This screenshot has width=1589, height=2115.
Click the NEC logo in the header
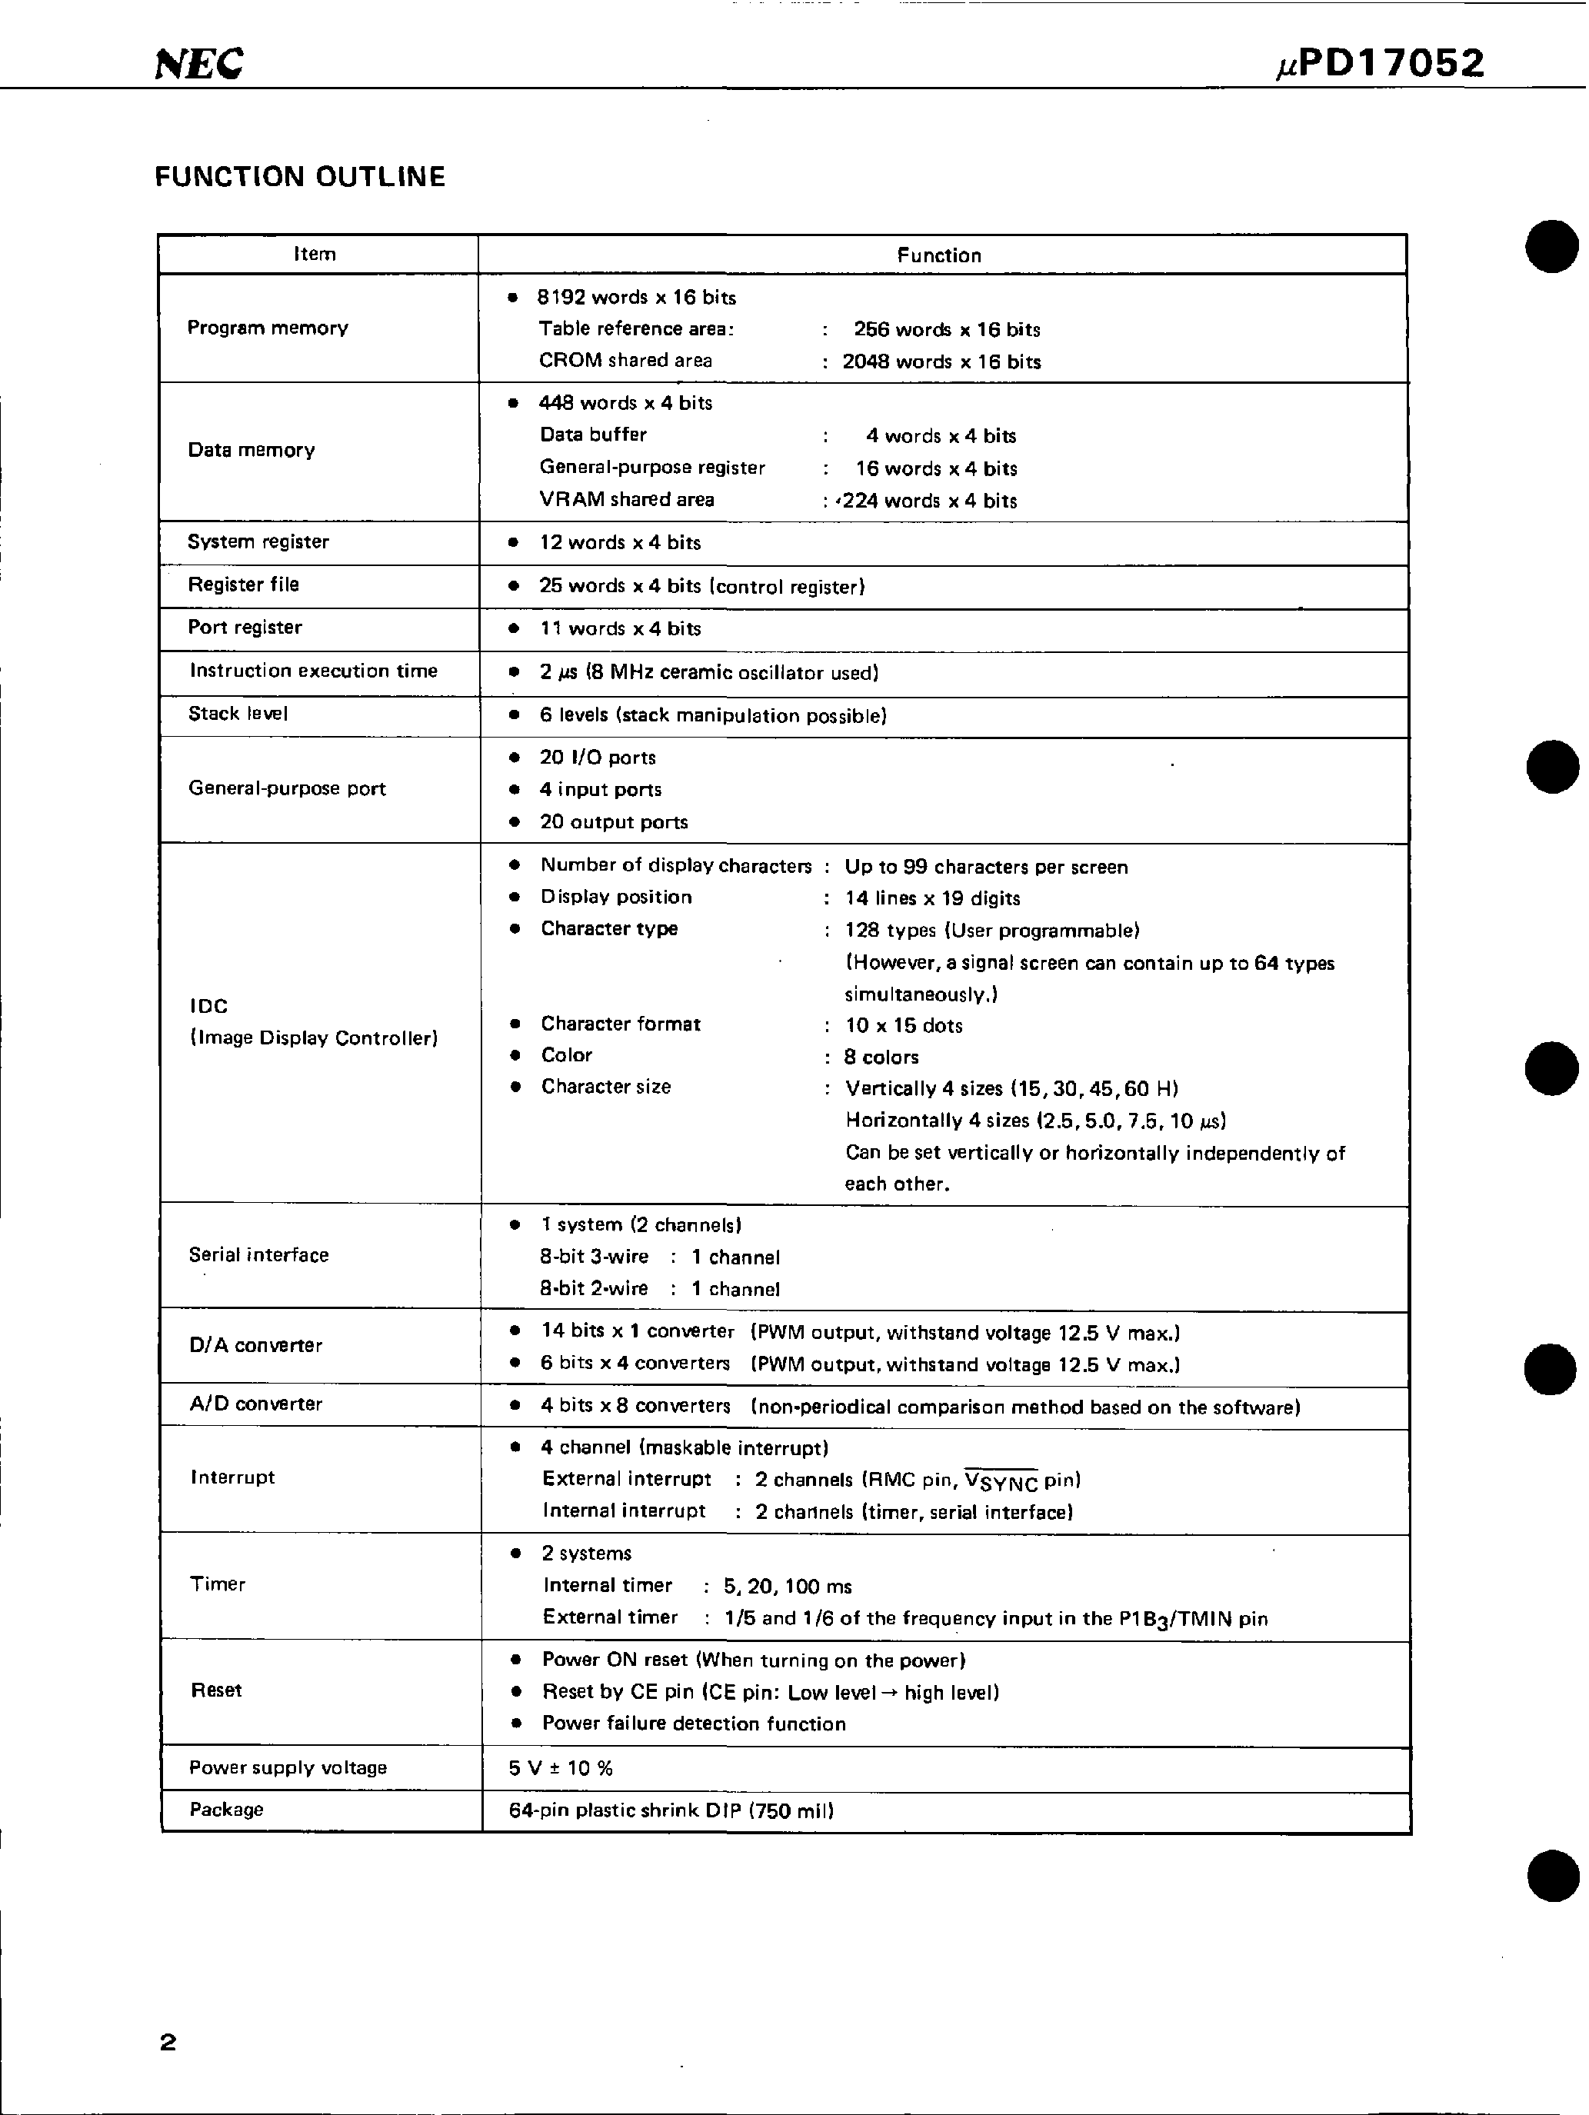[x=199, y=64]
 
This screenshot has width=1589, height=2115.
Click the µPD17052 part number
[x=1381, y=64]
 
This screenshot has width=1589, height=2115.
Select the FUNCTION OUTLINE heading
[x=299, y=177]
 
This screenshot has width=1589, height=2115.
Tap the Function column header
[x=938, y=255]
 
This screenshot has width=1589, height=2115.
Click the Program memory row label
[x=268, y=328]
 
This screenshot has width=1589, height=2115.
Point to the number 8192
[x=560, y=298]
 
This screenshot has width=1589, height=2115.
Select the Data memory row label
[x=252, y=451]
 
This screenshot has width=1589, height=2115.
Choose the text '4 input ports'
[x=601, y=790]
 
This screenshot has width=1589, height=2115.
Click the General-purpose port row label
[x=287, y=789]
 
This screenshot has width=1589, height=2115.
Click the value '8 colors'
[x=881, y=1057]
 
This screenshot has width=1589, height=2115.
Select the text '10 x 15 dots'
[x=904, y=1026]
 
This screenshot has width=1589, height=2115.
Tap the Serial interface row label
[x=258, y=1255]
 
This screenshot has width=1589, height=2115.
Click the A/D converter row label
[x=255, y=1404]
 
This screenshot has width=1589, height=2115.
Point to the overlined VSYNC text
[x=1001, y=1481]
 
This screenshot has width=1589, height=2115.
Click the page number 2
[x=168, y=2043]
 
